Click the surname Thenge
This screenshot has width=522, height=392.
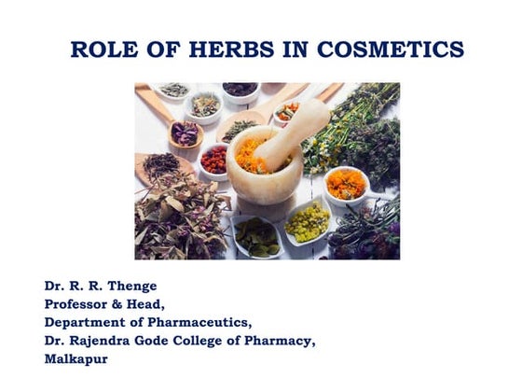[x=132, y=286]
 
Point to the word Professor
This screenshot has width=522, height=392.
[x=82, y=303]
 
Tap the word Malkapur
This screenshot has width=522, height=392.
[x=76, y=358]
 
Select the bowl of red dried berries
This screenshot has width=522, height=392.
[x=213, y=161]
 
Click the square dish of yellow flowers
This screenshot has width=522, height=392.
[x=307, y=222]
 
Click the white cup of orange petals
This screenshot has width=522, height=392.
[x=346, y=183]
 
